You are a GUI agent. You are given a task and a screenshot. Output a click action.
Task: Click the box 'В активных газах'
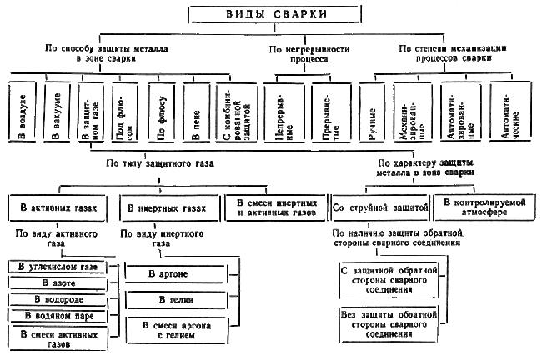pos(59,206)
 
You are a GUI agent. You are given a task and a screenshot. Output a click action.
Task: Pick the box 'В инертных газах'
pos(168,206)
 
